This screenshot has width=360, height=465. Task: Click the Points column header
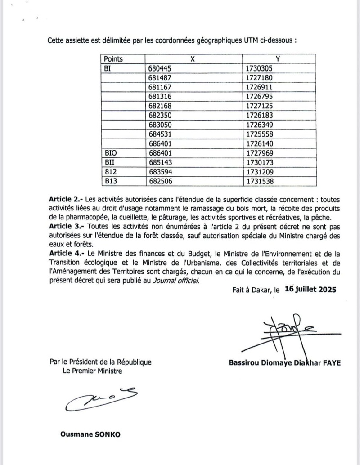(113, 59)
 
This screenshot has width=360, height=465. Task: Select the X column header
(193, 59)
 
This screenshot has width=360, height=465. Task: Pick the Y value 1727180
(260, 78)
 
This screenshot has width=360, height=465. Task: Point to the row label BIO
(111, 153)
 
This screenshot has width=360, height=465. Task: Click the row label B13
(111, 182)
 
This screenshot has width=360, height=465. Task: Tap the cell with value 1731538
(260, 182)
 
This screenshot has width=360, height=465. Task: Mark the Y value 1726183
(260, 116)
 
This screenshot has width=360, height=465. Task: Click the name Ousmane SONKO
(90, 435)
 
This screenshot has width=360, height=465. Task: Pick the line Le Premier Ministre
(92, 371)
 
